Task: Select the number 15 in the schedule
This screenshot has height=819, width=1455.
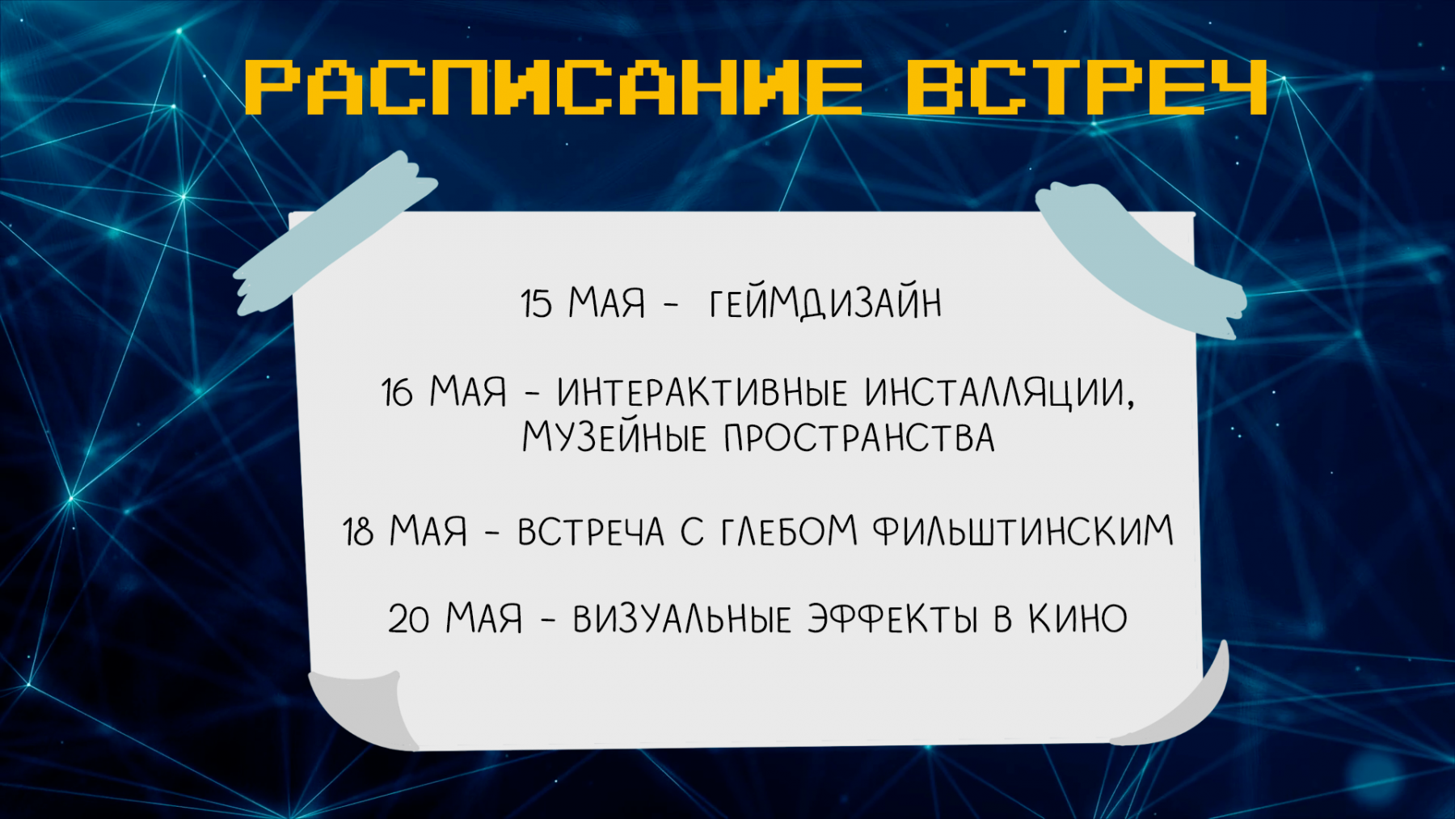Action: click(537, 304)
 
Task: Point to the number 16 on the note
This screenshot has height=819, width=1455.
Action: click(398, 393)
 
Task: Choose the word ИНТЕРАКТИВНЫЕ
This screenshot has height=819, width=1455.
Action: click(702, 392)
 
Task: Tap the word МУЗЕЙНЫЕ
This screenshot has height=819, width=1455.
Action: click(614, 437)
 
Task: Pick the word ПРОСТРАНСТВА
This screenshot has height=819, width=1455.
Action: click(859, 438)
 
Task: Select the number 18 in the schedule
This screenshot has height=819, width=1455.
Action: click(358, 532)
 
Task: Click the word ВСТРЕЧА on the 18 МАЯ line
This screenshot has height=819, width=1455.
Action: click(591, 532)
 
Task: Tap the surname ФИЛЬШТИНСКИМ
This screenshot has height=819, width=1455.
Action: click(1023, 531)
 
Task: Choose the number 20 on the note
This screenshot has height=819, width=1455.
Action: click(409, 619)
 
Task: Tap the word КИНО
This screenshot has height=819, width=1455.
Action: click(1078, 618)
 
